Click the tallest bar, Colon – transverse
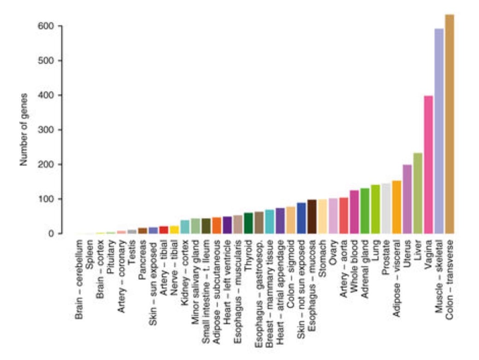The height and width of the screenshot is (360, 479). pos(450,124)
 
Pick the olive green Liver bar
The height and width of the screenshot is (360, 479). pos(418,193)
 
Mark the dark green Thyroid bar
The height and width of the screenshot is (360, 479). pos(249,223)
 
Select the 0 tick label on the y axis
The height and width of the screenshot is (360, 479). pos(52,234)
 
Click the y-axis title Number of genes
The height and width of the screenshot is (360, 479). pos(24,129)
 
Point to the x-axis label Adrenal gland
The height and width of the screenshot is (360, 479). pos(365,266)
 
